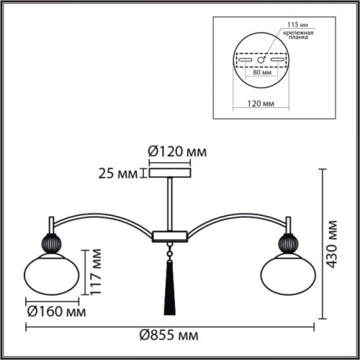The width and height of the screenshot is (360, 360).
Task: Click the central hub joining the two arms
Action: [x=170, y=234]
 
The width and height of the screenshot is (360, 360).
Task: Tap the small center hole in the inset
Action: [x=263, y=59]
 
